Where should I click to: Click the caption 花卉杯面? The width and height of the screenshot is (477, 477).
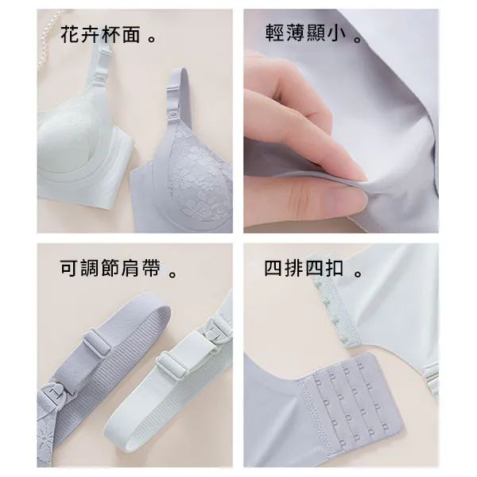100,34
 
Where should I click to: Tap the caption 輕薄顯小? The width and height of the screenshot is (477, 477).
306,33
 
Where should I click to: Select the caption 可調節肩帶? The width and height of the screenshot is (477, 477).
111,268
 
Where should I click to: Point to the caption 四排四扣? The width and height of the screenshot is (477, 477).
304,268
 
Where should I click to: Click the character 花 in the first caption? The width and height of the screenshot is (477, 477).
70,34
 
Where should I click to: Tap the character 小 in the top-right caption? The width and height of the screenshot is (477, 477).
337,33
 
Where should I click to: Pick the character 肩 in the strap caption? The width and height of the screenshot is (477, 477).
130,268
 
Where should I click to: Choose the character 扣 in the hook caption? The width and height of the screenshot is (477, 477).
335,268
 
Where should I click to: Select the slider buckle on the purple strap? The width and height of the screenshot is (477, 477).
96,342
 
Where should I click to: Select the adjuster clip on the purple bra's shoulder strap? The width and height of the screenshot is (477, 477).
173,88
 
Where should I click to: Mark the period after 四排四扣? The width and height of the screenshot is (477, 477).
359,273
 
